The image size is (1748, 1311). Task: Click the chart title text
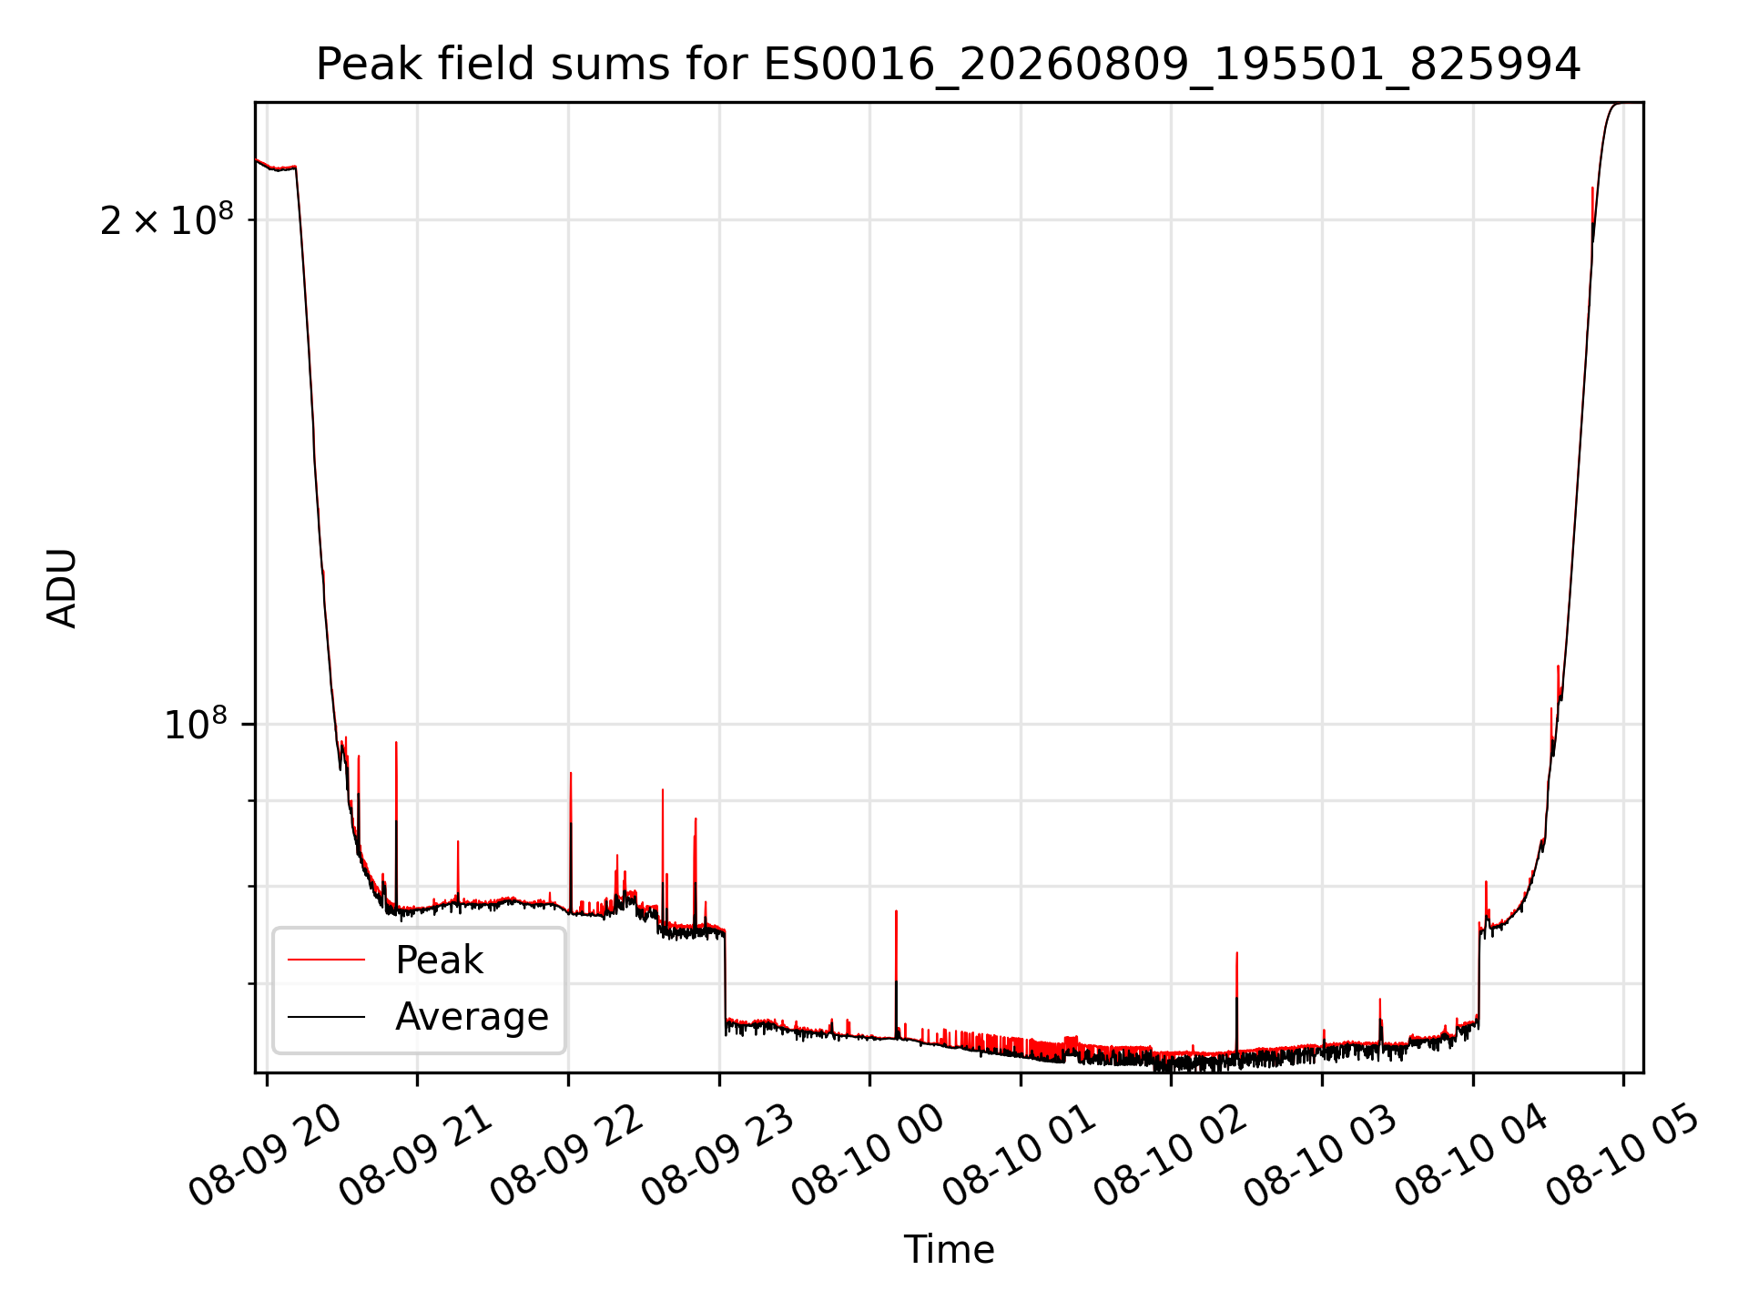point(948,65)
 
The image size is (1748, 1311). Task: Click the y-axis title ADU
point(62,588)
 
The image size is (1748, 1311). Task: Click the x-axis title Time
point(949,1249)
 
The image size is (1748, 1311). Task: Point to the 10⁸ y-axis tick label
point(195,724)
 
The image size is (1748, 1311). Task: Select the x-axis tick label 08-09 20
point(264,1154)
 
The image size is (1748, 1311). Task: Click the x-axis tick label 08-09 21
point(415,1154)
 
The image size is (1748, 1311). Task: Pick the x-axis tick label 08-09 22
point(566,1154)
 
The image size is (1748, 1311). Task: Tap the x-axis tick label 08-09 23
point(717,1154)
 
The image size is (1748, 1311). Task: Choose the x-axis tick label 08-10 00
point(868,1154)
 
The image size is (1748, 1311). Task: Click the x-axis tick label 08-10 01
point(1019,1154)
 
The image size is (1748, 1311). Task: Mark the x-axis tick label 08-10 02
point(1170,1154)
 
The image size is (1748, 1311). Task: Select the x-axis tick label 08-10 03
point(1321,1154)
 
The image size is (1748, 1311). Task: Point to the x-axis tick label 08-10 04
point(1471,1154)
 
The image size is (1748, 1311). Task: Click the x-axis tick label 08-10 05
point(1622,1154)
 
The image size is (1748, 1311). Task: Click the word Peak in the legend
point(439,960)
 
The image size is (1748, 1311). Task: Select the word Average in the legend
point(472,1016)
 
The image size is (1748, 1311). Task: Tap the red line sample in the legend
point(326,960)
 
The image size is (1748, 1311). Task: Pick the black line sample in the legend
point(326,1016)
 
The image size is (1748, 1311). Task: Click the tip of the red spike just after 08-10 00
point(896,910)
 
